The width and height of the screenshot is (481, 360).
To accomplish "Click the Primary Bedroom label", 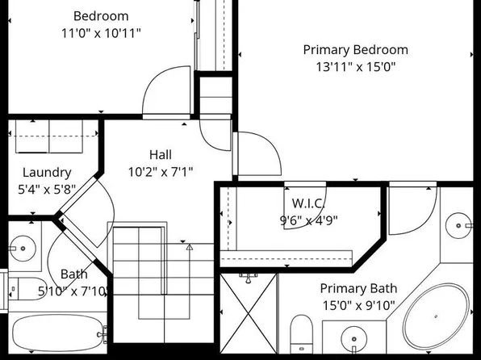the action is pos(356,50).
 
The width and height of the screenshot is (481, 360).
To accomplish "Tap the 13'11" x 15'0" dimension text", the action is pos(356,67).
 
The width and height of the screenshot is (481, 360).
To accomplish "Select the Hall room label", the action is pos(161,155).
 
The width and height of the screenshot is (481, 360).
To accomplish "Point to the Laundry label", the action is pos(47,173).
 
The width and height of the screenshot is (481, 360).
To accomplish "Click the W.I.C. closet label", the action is pos(308,203).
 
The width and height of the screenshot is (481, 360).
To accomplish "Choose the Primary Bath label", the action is pos(358,288).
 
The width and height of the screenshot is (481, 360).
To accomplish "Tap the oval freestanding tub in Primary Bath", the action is pos(436,316).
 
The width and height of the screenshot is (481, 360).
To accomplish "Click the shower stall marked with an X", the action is pos(249,313).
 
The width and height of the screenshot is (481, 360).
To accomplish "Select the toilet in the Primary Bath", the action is pos(301,334).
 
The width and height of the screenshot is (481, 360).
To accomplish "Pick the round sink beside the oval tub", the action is pos(354,339).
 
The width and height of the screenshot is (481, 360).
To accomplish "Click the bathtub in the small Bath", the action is pos(58,333).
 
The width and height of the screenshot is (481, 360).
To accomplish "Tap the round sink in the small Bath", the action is pos(23,249).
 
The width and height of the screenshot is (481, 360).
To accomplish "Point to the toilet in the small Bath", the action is pos(27,289).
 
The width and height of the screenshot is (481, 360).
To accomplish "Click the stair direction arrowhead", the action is pos(190,247).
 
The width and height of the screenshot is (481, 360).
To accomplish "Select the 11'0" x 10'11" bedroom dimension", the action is pos(101,33).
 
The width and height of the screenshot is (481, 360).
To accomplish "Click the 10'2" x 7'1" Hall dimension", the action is pos(161,172).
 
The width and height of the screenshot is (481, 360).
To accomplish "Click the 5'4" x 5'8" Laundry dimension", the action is pos(47,190).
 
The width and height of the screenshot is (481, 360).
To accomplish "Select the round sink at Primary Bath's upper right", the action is pos(458,225).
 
